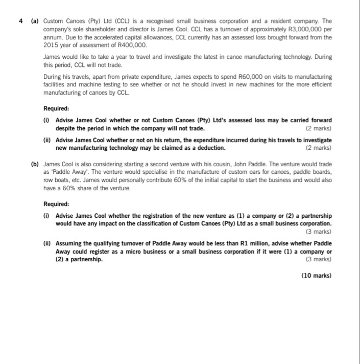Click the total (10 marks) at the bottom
tap(316, 276)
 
